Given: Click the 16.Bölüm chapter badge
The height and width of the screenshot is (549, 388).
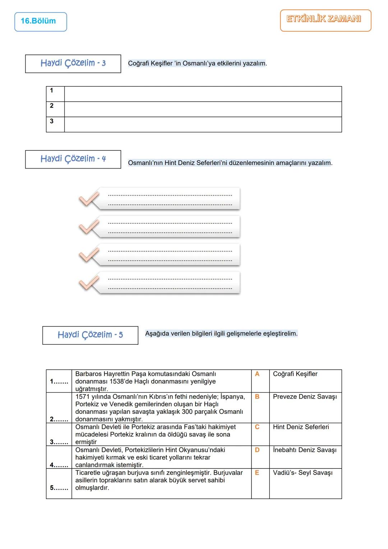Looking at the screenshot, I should pyautogui.click(x=41, y=22).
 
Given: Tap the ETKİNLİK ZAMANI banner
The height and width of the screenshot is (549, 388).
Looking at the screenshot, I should pyautogui.click(x=325, y=20).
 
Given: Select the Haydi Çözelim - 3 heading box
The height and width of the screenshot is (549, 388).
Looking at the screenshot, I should pyautogui.click(x=73, y=64).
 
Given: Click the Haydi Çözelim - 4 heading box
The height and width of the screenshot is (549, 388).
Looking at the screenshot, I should pyautogui.click(x=73, y=159).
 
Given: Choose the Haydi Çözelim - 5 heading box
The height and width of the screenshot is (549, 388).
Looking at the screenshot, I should pyautogui.click(x=90, y=335).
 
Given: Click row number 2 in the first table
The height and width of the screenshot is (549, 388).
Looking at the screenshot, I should pyautogui.click(x=52, y=106).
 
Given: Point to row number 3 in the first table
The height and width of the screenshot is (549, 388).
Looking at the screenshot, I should pyautogui.click(x=52, y=121).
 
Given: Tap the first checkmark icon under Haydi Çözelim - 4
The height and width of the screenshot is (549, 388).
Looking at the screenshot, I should pyautogui.click(x=88, y=199).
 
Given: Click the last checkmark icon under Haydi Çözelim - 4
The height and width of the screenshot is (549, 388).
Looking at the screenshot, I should pyautogui.click(x=88, y=283).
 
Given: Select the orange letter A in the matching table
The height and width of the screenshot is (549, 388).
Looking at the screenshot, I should pyautogui.click(x=257, y=374).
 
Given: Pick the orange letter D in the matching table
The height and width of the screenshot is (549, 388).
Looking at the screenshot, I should pyautogui.click(x=257, y=450).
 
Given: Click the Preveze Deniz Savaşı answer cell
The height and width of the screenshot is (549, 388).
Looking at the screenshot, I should pyautogui.click(x=305, y=397).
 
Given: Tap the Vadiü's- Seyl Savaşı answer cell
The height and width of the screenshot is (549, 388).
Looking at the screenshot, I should pyautogui.click(x=302, y=473).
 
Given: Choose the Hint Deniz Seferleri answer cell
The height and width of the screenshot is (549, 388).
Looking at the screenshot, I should pyautogui.click(x=301, y=427).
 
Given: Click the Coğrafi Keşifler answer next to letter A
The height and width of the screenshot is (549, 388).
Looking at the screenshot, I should pyautogui.click(x=295, y=374).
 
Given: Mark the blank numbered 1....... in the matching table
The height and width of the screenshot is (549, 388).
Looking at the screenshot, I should pyautogui.click(x=59, y=381).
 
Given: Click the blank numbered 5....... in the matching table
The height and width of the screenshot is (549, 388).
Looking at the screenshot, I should pyautogui.click(x=59, y=488).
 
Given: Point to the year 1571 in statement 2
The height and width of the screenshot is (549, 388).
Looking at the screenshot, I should pyautogui.click(x=83, y=397).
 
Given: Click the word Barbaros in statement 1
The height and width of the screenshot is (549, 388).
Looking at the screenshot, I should pyautogui.click(x=88, y=374).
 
